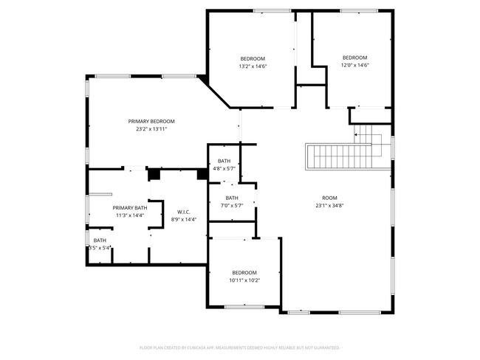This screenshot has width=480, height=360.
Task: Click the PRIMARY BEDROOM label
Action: click(151, 121)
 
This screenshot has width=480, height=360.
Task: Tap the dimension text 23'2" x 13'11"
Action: click(151, 129)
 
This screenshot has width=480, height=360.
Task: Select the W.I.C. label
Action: click(184, 212)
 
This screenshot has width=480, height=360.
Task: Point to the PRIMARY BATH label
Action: click(129, 208)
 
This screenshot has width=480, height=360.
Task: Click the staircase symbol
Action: click(344, 156)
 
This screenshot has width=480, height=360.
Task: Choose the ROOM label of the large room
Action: click(329, 198)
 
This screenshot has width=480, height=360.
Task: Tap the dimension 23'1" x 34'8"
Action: click(329, 206)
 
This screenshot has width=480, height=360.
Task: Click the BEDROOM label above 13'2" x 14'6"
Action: click(253, 58)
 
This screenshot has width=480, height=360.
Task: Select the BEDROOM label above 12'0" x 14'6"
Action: click(354, 58)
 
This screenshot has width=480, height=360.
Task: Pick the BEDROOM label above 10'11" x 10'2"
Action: click(244, 272)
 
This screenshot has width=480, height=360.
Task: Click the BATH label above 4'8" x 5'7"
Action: click(224, 161)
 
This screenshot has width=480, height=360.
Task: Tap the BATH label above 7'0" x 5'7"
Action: click(232, 198)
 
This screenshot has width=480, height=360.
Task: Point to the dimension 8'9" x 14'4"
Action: click(184, 220)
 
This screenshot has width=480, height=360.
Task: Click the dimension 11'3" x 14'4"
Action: click(129, 216)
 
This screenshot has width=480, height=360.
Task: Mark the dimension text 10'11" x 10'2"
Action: click(244, 280)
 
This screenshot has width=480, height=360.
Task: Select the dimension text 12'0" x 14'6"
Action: click(354, 66)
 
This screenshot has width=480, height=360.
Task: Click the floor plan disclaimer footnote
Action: click(240, 347)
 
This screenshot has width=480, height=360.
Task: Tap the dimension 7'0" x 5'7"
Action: click(232, 206)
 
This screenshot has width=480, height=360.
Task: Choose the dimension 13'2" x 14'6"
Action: click(253, 66)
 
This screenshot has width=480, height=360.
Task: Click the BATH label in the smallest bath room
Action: click(100, 240)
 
